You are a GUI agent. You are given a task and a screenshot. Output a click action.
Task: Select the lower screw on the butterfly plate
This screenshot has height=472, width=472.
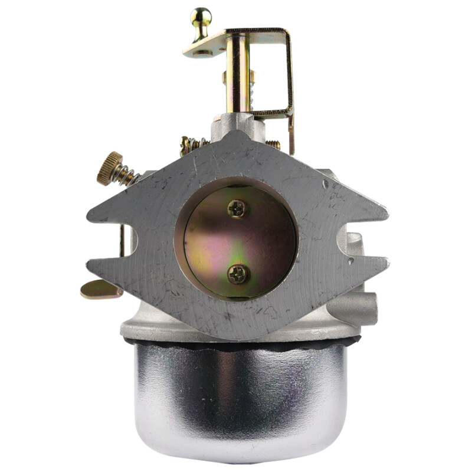pos(238,273)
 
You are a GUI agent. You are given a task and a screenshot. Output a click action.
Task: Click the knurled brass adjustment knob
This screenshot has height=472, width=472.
pos(110,168)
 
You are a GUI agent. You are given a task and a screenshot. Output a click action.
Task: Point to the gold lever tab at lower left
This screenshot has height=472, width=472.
pos(98,289)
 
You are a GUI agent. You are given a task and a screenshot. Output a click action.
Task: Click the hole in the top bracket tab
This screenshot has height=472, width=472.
pos(202,53)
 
